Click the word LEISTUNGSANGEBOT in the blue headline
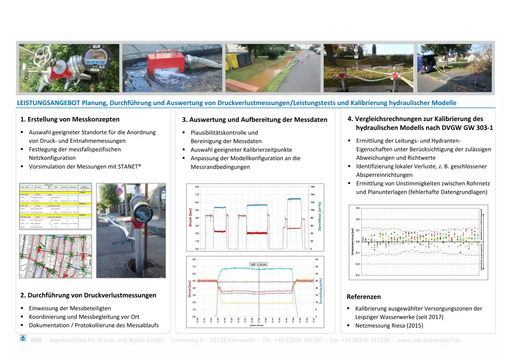click(x=48, y=103)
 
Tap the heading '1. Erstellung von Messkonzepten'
click(x=70, y=120)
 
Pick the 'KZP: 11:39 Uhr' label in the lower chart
click(x=259, y=264)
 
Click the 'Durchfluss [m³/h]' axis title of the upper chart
click(x=320, y=216)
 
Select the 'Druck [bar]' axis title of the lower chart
click(x=190, y=288)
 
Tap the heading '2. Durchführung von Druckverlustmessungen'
click(x=88, y=295)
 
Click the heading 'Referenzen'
click(x=364, y=297)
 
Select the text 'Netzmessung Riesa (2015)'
click(x=389, y=326)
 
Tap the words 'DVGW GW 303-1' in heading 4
click(x=470, y=128)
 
